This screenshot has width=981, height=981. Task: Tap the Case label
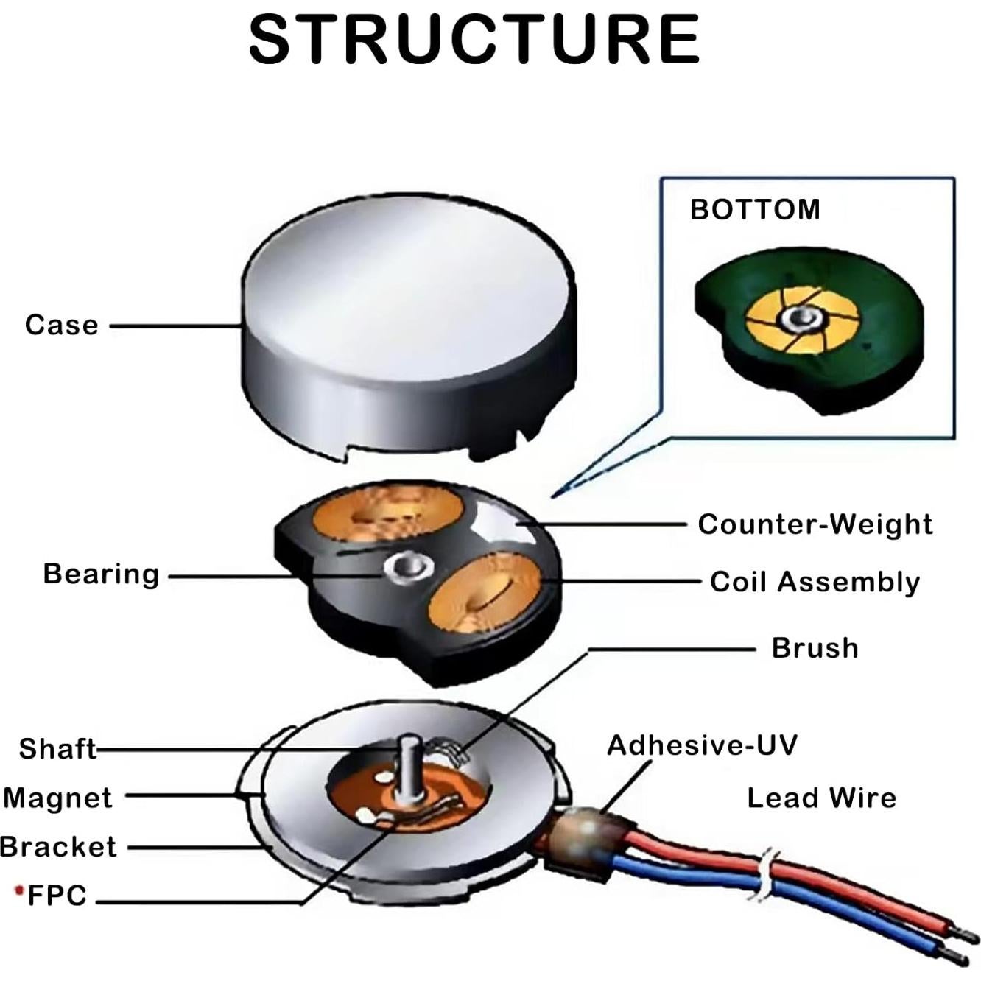pyautogui.click(x=62, y=325)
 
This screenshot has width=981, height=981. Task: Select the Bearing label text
pyautogui.click(x=101, y=574)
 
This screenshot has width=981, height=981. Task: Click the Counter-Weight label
pyautogui.click(x=815, y=524)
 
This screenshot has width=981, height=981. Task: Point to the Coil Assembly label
pyautogui.click(x=815, y=582)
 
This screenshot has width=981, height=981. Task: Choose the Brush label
pyautogui.click(x=815, y=648)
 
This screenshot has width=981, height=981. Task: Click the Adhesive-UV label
pyautogui.click(x=701, y=745)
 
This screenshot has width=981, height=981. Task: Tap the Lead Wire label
pyautogui.click(x=821, y=798)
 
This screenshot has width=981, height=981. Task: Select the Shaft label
pyautogui.click(x=57, y=749)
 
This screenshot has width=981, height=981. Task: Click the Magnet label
pyautogui.click(x=57, y=798)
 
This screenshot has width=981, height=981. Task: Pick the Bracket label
pyautogui.click(x=58, y=847)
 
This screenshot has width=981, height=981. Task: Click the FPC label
pyautogui.click(x=57, y=896)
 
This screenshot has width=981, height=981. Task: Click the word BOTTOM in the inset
pyautogui.click(x=755, y=210)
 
